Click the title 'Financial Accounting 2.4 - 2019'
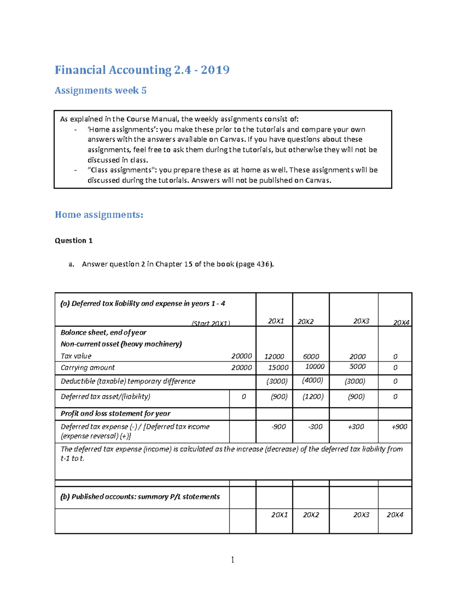pos(142,70)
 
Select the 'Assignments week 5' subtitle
pos(100,90)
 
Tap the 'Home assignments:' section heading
pos(99,215)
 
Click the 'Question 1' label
pos(74,241)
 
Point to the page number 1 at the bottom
pos(232,559)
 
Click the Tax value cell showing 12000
pos(274,356)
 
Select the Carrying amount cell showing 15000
pos(278,367)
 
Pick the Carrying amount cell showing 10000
pos(315,367)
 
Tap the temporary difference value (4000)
pos(312,380)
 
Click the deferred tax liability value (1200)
pos(312,397)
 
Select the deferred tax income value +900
pos(399,426)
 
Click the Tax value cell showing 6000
pos(311,356)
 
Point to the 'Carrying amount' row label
pos(88,367)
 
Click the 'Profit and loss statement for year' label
pos(115,414)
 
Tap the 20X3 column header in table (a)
pos(361,321)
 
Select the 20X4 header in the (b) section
pos(395,515)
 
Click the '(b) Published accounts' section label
pos(140,497)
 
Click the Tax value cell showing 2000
pos(357,356)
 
